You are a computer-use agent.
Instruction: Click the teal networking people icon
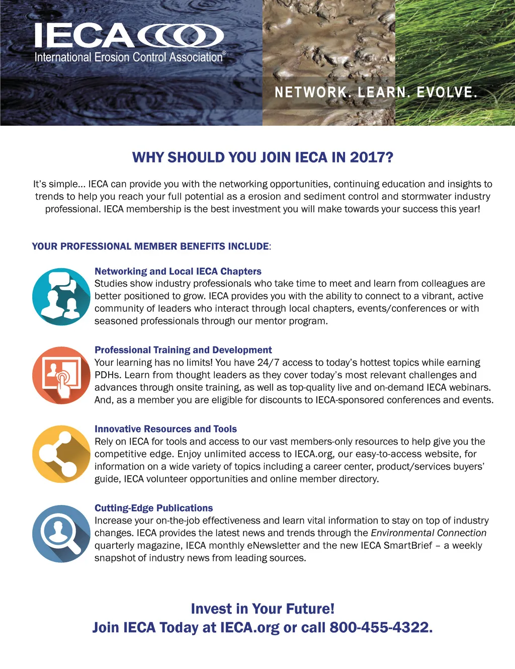[61, 297]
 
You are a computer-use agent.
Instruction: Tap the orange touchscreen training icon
[61, 375]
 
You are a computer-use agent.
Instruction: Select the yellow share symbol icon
[61, 454]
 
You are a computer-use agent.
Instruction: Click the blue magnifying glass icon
[61, 533]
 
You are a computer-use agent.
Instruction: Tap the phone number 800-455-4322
[381, 628]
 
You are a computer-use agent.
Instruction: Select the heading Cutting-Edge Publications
[153, 508]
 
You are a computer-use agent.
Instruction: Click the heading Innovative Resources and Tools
[165, 429]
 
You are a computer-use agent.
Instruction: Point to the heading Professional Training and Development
[183, 350]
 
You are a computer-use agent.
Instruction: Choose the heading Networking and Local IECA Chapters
[178, 272]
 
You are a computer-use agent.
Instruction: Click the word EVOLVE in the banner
[447, 93]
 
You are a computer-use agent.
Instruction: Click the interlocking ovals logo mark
[181, 36]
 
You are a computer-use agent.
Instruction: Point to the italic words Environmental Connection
[428, 533]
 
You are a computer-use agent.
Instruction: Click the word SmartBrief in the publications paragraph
[408, 545]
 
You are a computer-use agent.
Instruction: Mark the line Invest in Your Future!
[263, 609]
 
